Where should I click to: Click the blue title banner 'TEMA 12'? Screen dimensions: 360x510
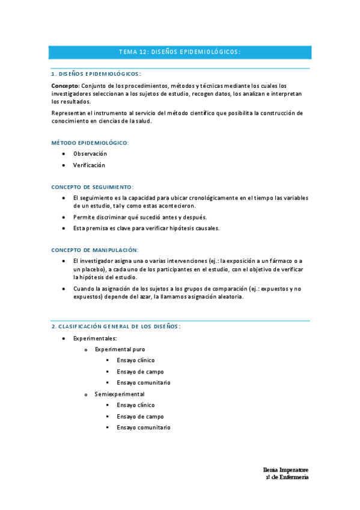tap(180, 52)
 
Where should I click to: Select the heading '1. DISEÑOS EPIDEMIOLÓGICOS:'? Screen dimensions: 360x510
tap(96, 74)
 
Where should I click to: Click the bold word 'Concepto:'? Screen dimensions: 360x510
tap(66, 85)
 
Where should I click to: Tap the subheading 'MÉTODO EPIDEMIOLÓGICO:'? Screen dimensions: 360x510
tap(90, 143)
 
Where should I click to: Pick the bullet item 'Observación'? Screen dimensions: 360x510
tap(90, 154)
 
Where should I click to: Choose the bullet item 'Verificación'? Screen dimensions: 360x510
tap(89, 165)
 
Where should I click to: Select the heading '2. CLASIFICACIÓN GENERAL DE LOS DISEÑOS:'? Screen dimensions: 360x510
tap(116, 326)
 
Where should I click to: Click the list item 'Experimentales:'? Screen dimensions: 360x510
tap(95, 339)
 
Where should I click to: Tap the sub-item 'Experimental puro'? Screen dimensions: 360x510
tap(120, 349)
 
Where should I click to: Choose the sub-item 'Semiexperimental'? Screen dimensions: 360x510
tap(119, 394)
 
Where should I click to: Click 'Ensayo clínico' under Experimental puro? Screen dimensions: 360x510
tap(136, 360)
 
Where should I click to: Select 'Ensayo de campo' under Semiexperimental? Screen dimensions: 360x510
tap(140, 416)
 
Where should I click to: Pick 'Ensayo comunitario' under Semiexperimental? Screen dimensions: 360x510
tap(144, 428)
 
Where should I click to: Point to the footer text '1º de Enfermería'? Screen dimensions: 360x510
tap(287, 477)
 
